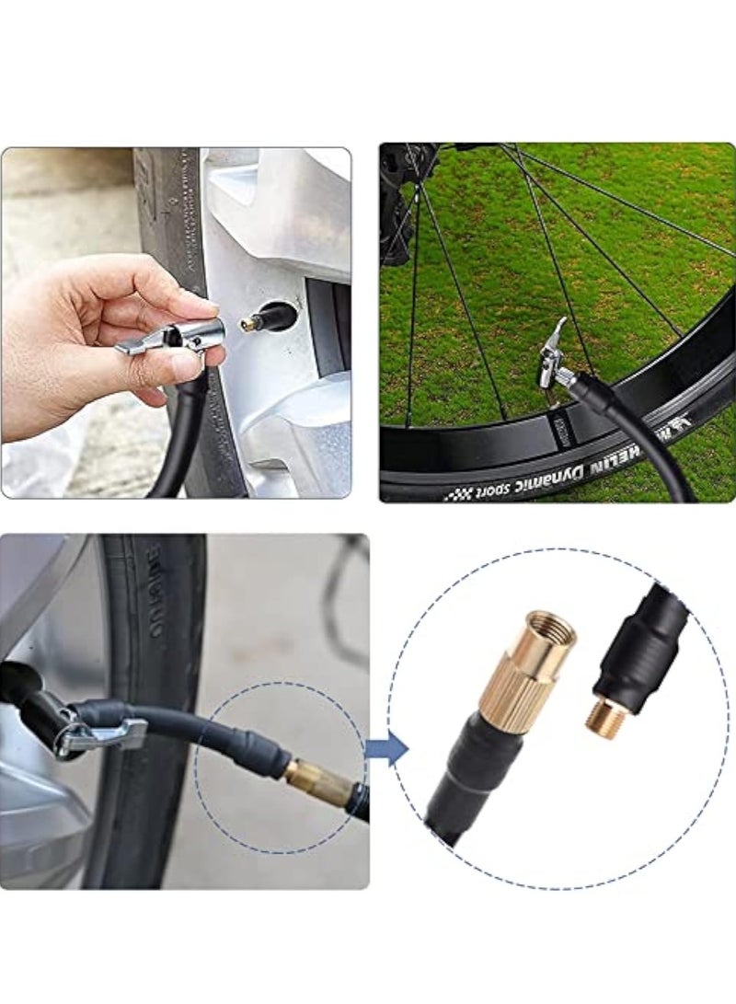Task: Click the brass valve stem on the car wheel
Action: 250,323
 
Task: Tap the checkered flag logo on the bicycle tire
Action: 456,494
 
